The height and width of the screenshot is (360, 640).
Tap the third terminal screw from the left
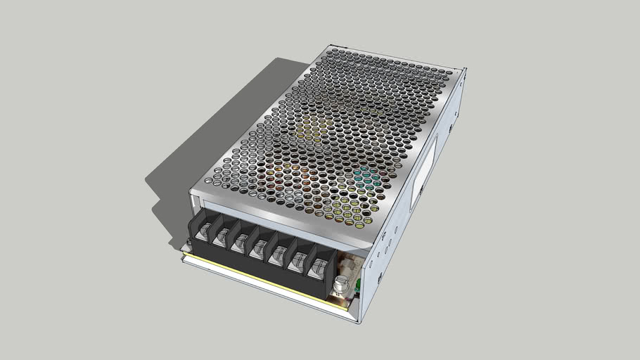[241, 242]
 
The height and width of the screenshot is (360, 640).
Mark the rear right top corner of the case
[464, 69]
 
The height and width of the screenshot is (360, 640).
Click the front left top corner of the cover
[191, 192]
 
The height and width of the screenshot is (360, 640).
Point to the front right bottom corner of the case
[359, 322]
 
